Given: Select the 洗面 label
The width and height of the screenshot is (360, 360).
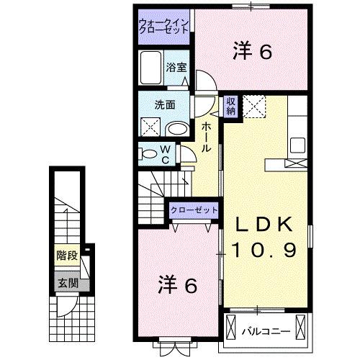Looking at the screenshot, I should (164, 104).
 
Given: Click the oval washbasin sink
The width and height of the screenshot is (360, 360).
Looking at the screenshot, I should (176, 128).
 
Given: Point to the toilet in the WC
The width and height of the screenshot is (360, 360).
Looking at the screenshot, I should (150, 153).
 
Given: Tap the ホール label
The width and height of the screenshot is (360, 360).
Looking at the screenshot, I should (207, 137).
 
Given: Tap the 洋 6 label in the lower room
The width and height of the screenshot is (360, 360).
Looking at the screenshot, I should (177, 285).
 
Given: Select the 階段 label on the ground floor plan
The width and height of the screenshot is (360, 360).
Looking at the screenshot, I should (68, 255).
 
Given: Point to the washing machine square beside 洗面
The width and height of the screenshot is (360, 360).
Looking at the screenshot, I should (150, 127).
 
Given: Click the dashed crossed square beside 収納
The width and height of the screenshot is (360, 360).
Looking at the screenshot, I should (253, 106).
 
